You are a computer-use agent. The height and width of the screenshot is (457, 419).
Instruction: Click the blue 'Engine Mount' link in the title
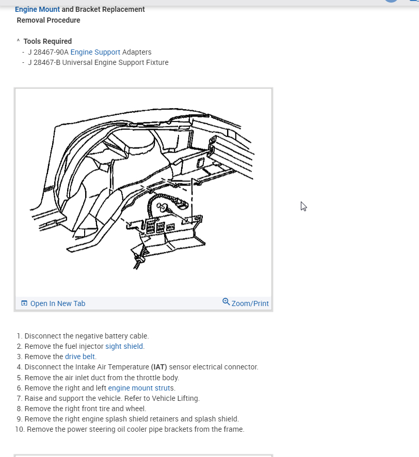(x=37, y=9)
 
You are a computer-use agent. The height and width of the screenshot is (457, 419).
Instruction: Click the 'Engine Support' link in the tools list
(x=95, y=52)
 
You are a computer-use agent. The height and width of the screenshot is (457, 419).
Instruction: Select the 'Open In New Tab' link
(x=57, y=303)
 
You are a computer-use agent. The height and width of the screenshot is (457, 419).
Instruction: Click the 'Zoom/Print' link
(x=250, y=303)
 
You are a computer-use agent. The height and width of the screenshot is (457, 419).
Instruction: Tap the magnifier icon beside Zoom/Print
(x=226, y=301)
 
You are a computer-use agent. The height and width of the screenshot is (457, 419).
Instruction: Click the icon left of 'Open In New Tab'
(x=24, y=303)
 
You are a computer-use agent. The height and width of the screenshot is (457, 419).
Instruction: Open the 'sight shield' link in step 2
(x=124, y=346)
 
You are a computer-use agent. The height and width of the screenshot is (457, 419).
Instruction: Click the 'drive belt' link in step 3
(x=80, y=357)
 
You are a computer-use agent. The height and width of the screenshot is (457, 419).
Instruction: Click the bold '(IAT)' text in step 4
(x=159, y=367)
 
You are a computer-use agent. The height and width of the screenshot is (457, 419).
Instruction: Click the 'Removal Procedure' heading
(x=49, y=20)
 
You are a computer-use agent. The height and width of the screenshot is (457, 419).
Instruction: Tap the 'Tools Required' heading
(x=47, y=41)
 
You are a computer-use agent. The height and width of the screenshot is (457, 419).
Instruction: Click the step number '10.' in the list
(x=20, y=429)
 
